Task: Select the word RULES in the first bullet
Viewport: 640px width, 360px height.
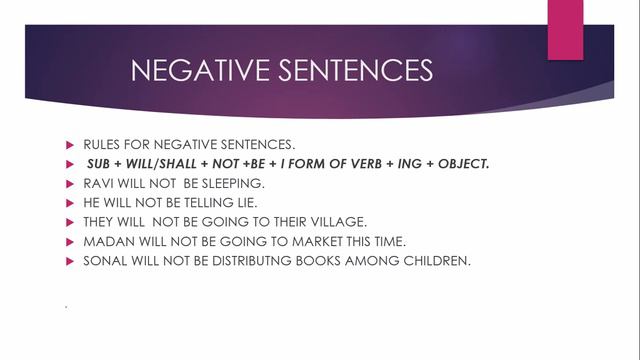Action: click(101, 144)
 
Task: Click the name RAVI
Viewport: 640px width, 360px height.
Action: click(98, 183)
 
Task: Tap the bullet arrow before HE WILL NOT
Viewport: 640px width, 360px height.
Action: click(70, 202)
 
